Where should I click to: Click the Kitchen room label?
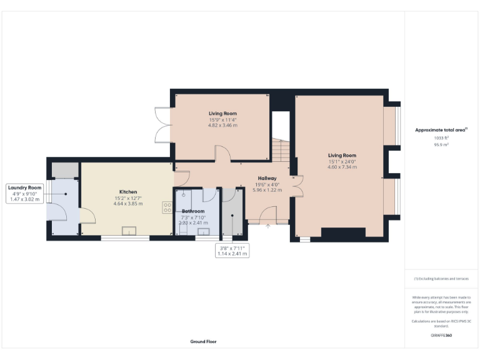[128, 192]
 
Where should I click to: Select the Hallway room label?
[267, 178]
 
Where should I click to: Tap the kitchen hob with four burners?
[167, 207]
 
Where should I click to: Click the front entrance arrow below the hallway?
[267, 227]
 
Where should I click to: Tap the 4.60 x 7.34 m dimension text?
[342, 167]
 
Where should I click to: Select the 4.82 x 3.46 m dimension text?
[222, 125]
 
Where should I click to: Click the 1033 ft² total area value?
[441, 138]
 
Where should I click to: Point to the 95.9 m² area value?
[441, 144]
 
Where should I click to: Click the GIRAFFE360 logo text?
[441, 336]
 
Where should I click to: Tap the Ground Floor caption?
[204, 341]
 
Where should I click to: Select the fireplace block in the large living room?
[342, 232]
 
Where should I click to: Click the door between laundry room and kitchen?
[87, 216]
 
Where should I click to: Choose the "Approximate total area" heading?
[441, 130]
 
